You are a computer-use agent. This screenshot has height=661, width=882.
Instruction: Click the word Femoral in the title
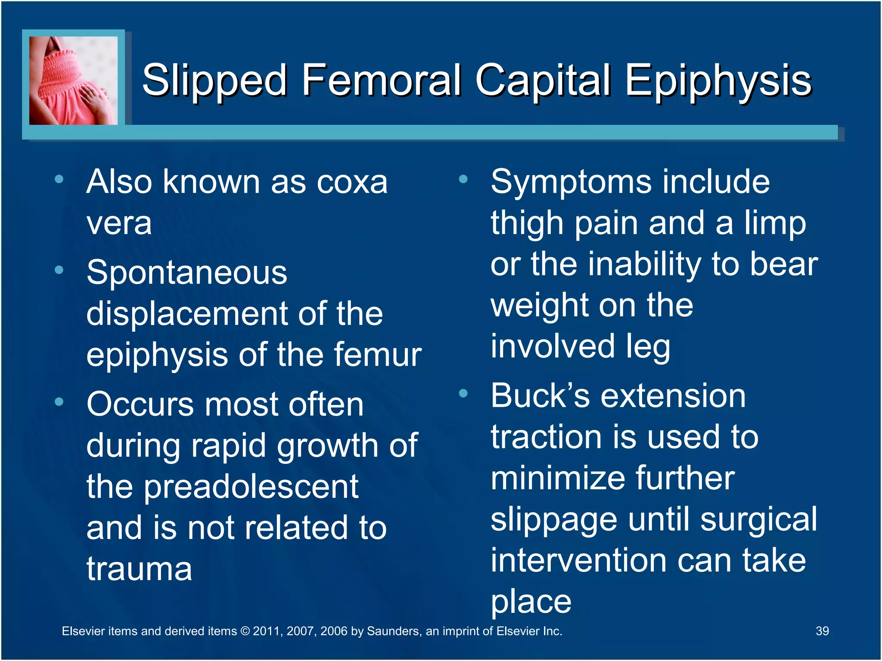click(381, 80)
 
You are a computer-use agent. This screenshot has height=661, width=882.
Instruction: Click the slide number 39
click(822, 631)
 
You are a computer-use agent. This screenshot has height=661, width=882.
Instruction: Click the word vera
click(119, 223)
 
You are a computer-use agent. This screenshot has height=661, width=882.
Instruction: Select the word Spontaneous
click(186, 273)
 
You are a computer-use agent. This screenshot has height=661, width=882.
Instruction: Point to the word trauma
click(139, 569)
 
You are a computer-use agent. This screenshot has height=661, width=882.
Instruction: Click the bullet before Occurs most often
click(59, 402)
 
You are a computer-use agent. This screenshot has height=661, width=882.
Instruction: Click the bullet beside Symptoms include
click(463, 179)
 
